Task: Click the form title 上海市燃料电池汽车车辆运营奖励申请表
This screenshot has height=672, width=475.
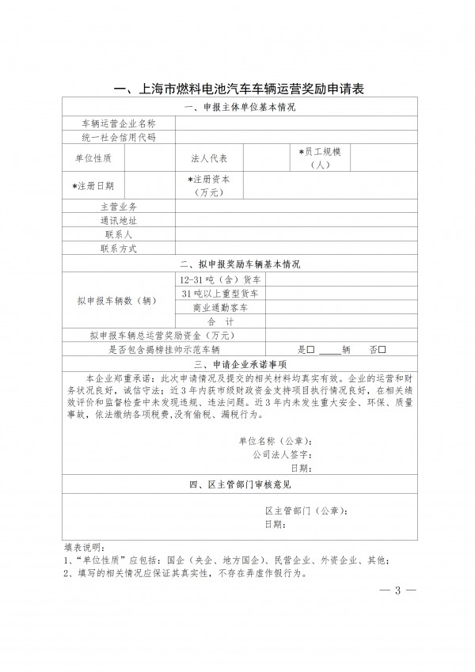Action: (238, 89)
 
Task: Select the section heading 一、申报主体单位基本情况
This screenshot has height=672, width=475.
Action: (238, 108)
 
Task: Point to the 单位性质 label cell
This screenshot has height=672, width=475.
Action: (93, 158)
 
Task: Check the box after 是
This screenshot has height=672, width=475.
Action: (311, 349)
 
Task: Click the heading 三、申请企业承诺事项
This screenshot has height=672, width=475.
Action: (238, 364)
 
